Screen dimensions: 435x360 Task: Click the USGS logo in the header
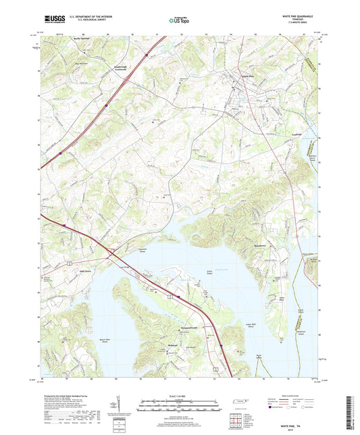click(x=50, y=20)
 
